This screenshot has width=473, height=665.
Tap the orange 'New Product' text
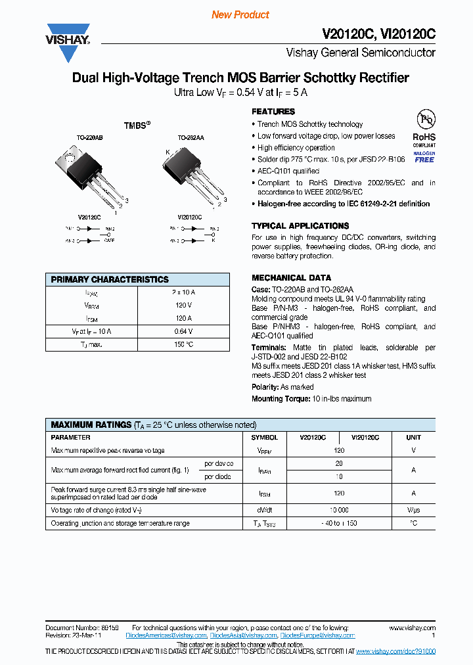pos(240,14)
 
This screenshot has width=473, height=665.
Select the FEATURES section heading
pos(273,112)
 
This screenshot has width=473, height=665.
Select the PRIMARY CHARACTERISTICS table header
pos(110,279)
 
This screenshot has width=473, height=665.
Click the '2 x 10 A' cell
pos(183,292)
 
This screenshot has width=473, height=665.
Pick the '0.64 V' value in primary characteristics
pos(183,331)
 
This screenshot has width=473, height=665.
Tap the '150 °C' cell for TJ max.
pos(183,344)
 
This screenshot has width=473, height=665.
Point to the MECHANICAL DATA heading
pos(291,278)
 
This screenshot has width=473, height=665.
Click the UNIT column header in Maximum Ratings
pos(413,437)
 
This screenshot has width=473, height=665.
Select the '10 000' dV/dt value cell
pos(339,510)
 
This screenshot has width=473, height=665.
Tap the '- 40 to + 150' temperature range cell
pos(339,523)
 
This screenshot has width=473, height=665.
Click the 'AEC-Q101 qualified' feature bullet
pos(288,171)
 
